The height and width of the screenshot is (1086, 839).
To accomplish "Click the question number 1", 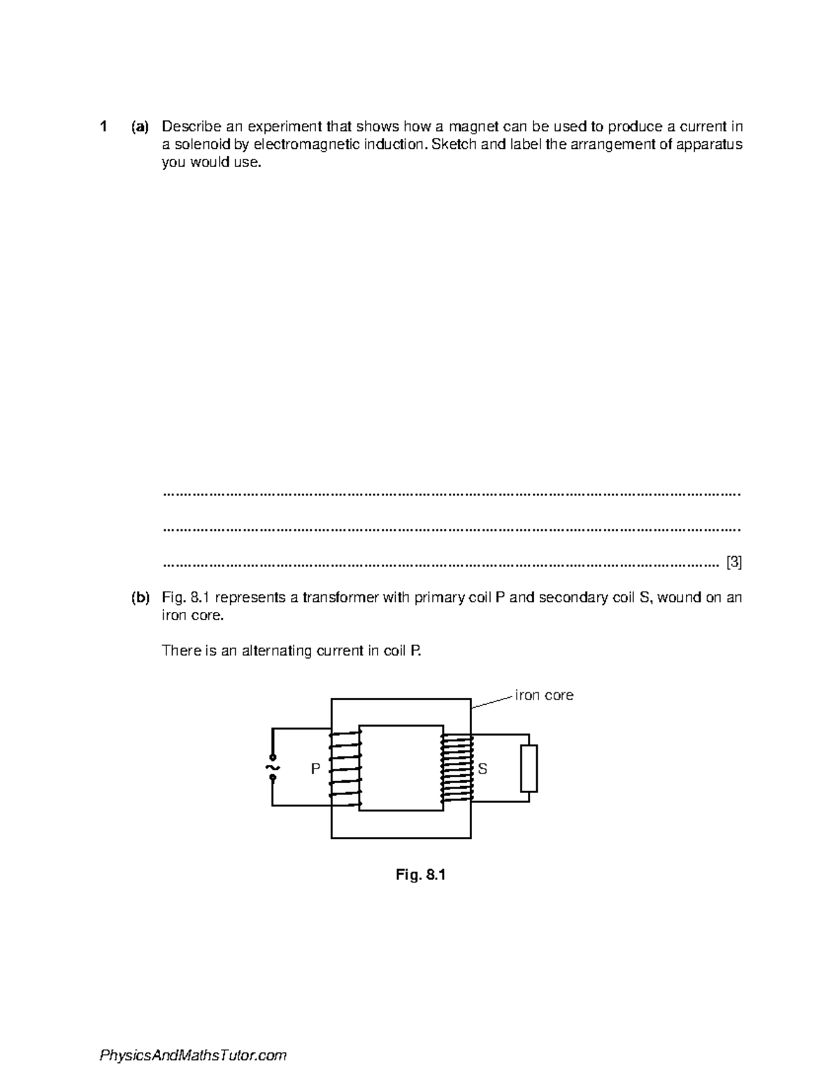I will pyautogui.click(x=103, y=127).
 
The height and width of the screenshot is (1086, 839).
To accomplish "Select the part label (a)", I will pyautogui.click(x=139, y=127).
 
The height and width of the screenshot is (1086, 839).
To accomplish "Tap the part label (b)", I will pyautogui.click(x=139, y=598).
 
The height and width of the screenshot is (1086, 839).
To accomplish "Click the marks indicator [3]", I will pyautogui.click(x=733, y=562).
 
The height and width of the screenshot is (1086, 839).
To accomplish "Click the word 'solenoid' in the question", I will pyautogui.click(x=201, y=145).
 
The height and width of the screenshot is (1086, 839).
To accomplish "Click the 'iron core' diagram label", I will pyautogui.click(x=544, y=695).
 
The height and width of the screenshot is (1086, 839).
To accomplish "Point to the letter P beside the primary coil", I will pyautogui.click(x=315, y=769).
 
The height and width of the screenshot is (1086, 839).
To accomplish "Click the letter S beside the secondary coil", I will pyautogui.click(x=482, y=769).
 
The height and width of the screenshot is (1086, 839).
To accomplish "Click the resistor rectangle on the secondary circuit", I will pyautogui.click(x=529, y=769).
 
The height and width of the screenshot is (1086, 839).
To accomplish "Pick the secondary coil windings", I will pyautogui.click(x=457, y=768).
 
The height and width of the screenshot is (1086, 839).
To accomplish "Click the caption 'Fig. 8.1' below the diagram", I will pyautogui.click(x=420, y=874).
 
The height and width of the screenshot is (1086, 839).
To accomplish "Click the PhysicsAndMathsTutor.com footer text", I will pyautogui.click(x=194, y=1056).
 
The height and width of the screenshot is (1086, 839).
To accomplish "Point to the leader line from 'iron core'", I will pyautogui.click(x=493, y=702).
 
